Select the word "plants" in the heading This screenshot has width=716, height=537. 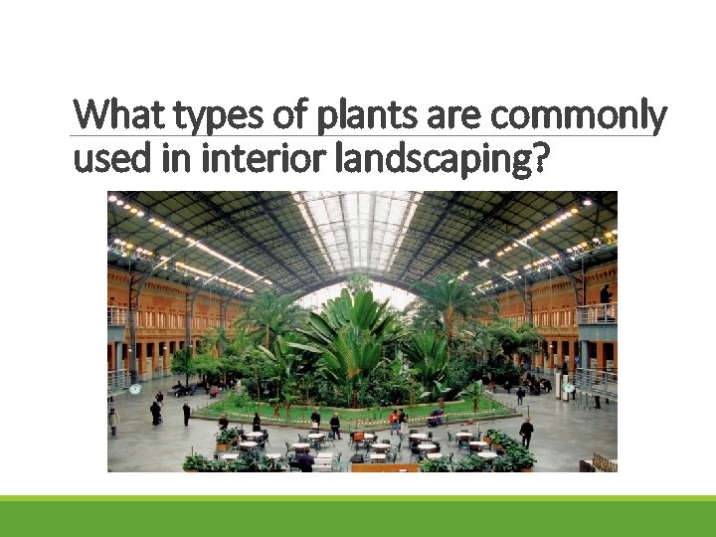tap(360, 115)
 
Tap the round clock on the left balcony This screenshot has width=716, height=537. tap(135, 389)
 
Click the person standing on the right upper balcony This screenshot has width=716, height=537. tap(604, 295)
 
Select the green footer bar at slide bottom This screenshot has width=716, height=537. tap(358, 517)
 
